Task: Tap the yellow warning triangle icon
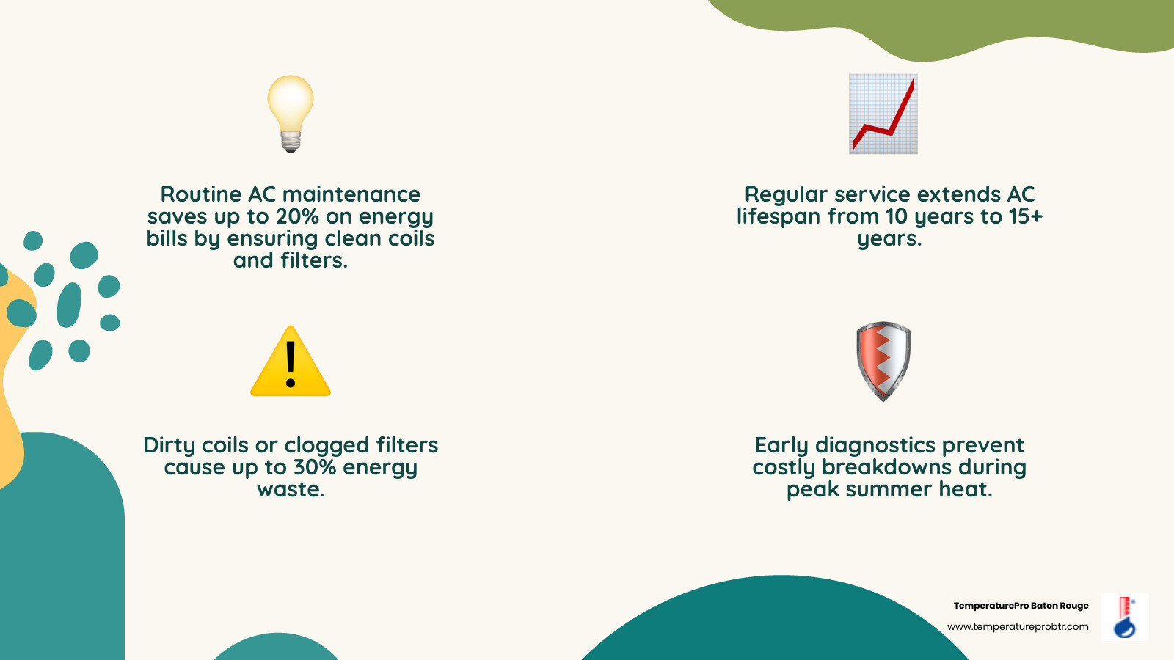[x=291, y=363]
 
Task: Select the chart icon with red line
[x=883, y=114]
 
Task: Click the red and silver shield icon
[x=883, y=361]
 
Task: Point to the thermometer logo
[x=1125, y=617]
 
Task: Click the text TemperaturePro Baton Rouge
[x=1021, y=606]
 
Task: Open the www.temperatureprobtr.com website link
[x=1018, y=627]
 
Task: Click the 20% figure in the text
[x=297, y=217]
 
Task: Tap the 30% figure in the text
[x=315, y=468]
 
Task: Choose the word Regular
[x=786, y=195]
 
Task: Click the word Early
[x=781, y=446]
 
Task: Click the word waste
[x=291, y=490]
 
